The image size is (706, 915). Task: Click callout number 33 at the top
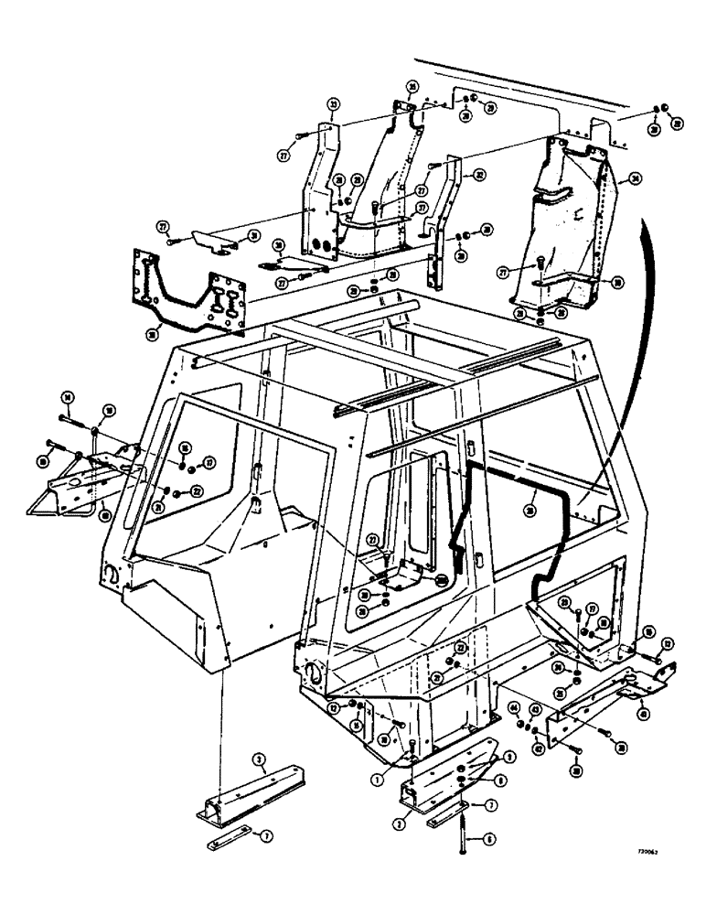point(334,104)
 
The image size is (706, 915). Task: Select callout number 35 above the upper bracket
point(412,88)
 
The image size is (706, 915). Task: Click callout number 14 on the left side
point(66,395)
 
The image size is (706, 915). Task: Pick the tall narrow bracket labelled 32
point(450,210)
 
